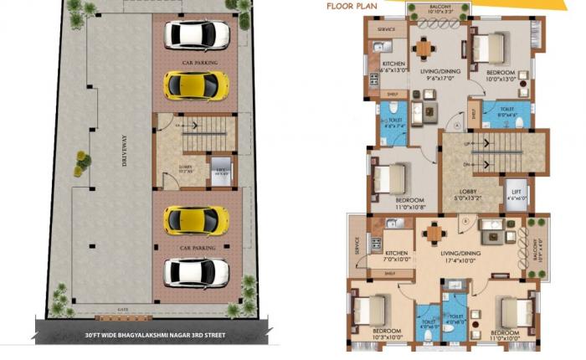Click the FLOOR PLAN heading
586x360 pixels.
(350, 13)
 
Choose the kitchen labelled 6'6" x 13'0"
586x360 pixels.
(395, 68)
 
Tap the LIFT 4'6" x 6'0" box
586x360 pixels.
(517, 194)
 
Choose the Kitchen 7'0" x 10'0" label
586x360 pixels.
(397, 257)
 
